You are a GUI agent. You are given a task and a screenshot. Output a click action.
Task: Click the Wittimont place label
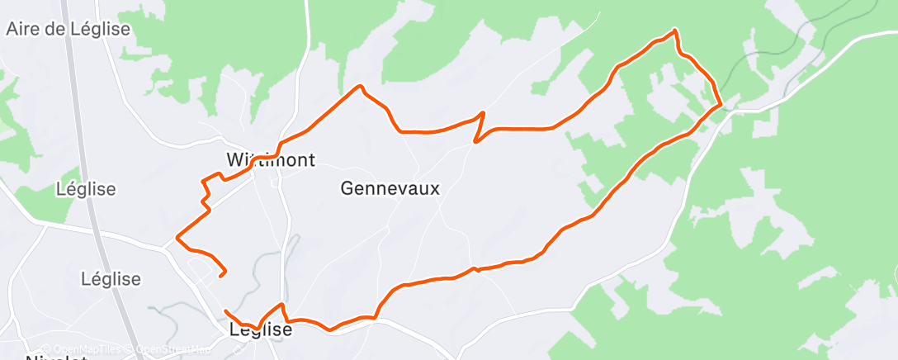(271, 159)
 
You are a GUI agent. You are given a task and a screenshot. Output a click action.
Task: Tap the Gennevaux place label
(390, 188)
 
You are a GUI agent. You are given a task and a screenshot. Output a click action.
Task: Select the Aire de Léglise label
(69, 29)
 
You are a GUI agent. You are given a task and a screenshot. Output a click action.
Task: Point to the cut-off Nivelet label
(57, 357)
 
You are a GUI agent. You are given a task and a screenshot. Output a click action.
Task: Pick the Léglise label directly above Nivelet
(111, 278)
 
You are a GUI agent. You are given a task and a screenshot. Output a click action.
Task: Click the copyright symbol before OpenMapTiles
(46, 349)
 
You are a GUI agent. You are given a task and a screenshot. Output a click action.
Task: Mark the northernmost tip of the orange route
(676, 31)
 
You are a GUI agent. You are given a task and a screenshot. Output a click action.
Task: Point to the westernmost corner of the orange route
(177, 240)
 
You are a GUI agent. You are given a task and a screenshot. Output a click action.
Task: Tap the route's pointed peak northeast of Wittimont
(360, 86)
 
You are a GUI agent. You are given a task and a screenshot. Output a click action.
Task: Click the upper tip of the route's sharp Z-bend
(483, 112)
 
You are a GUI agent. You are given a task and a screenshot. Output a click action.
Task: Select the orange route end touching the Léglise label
(226, 311)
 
